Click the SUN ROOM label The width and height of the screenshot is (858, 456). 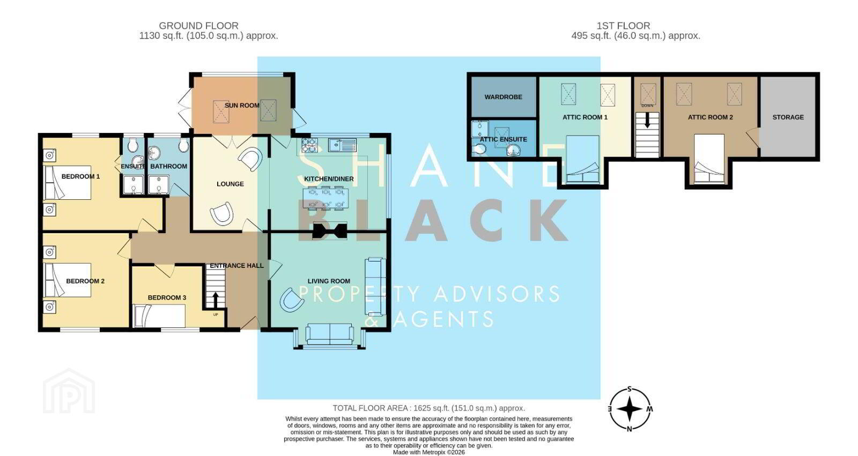(242, 105)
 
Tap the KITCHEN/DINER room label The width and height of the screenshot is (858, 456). (329, 179)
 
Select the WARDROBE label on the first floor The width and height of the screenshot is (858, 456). (503, 97)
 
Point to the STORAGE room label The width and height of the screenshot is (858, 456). (788, 117)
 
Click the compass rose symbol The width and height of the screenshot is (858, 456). (630, 409)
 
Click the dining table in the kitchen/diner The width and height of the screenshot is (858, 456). (326, 198)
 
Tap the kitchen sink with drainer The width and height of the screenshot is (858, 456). (342, 145)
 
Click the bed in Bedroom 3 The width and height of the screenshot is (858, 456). (159, 316)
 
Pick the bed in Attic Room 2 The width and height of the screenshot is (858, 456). (709, 159)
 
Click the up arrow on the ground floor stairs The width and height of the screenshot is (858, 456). (215, 300)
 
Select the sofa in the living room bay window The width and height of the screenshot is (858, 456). (329, 334)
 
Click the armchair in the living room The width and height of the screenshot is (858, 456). (292, 300)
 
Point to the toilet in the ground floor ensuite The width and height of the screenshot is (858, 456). (132, 144)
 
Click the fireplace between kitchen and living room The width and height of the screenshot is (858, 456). (330, 231)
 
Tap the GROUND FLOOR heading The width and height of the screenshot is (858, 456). (198, 26)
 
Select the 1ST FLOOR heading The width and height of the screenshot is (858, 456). (623, 26)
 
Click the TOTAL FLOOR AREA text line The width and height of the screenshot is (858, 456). (428, 408)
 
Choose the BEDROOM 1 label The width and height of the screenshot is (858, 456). (80, 176)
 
